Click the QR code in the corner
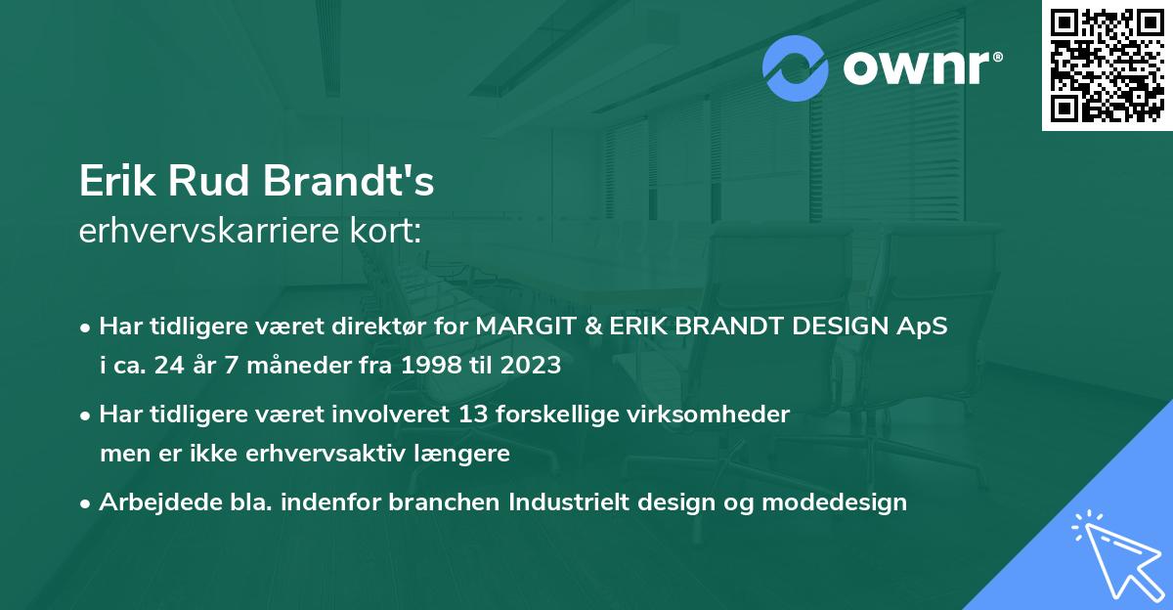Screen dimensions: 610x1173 pyautogui.click(x=1107, y=65)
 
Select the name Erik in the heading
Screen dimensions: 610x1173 pyautogui.click(x=115, y=183)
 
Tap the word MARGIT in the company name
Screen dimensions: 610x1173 pyautogui.click(x=522, y=327)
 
